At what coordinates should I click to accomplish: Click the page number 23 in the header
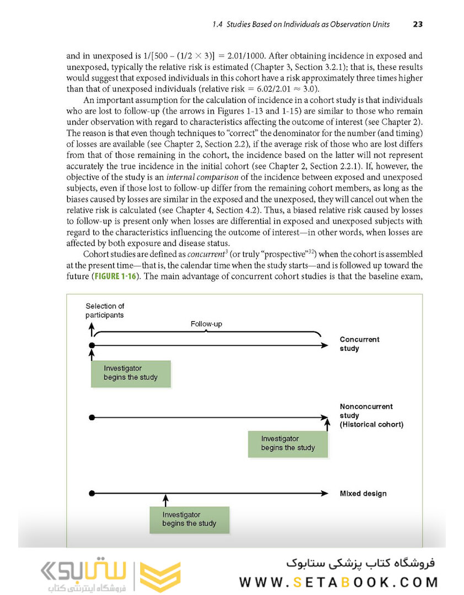pyautogui.click(x=418, y=24)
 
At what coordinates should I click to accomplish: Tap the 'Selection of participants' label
pyautogui.click(x=105, y=310)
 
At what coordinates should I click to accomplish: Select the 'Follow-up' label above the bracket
pyautogui.click(x=206, y=324)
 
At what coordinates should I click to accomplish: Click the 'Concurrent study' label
pyautogui.click(x=360, y=344)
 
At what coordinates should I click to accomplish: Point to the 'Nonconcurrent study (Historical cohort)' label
pyautogui.click(x=371, y=415)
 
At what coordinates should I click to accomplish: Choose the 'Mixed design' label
pyautogui.click(x=363, y=493)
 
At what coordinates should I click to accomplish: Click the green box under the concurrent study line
pyautogui.click(x=131, y=373)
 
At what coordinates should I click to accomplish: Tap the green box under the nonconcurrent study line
pyautogui.click(x=288, y=443)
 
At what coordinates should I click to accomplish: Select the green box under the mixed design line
pyautogui.click(x=189, y=520)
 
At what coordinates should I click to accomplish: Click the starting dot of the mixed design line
pyautogui.click(x=92, y=493)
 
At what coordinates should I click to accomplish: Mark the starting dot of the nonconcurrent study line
pyautogui.click(x=92, y=418)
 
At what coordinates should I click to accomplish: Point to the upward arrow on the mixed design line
pyautogui.click(x=165, y=499)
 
